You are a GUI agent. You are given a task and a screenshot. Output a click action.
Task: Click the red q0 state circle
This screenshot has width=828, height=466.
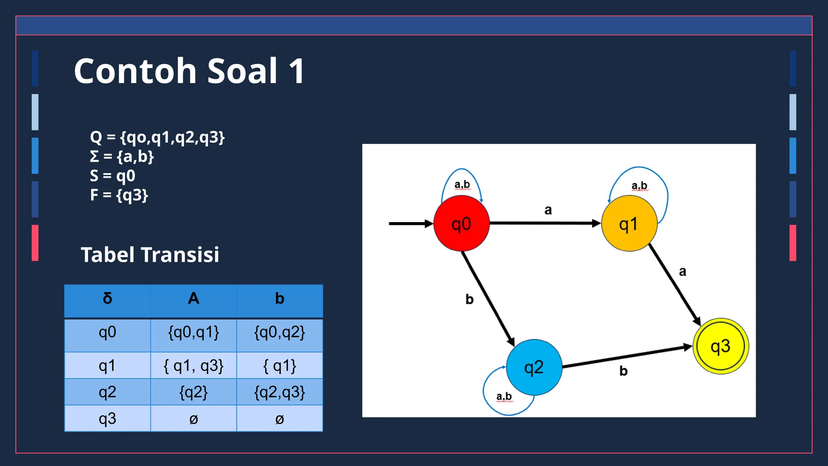[x=461, y=223]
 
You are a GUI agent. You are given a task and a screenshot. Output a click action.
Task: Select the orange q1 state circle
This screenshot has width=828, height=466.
[x=629, y=223]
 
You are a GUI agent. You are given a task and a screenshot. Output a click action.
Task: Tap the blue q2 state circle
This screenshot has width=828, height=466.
[x=534, y=367]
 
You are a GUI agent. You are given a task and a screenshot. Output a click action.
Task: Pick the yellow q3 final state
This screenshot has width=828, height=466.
[x=720, y=346]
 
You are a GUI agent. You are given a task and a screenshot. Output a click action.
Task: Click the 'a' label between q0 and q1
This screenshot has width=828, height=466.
[x=548, y=210]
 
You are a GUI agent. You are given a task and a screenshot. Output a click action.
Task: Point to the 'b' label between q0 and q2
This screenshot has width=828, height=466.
[x=469, y=299]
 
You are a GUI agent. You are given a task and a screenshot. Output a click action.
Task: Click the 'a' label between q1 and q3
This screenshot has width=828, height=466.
[x=682, y=271]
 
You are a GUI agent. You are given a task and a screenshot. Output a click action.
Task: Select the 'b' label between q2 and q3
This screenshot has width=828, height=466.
[x=623, y=371]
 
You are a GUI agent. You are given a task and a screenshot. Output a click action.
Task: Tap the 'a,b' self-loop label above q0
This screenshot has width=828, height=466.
[x=462, y=184]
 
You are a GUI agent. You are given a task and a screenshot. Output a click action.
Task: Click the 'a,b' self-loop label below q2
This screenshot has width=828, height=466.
[x=504, y=396]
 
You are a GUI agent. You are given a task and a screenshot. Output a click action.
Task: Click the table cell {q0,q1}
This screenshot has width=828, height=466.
[x=193, y=333]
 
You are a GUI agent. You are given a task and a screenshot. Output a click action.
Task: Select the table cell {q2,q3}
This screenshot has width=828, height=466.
[x=279, y=392]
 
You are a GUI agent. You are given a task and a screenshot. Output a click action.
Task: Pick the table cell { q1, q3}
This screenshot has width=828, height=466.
[x=193, y=366]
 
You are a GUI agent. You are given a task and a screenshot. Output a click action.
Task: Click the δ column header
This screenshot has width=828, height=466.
[x=107, y=299]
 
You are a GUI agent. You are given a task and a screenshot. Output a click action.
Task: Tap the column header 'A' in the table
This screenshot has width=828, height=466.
[x=193, y=299]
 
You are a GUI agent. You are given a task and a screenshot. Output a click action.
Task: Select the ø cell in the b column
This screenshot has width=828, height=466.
[x=279, y=419]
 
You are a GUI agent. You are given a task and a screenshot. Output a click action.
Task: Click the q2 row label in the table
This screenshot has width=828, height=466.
[x=107, y=392]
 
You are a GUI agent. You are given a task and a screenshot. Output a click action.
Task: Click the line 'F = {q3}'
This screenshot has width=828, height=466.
[x=119, y=195]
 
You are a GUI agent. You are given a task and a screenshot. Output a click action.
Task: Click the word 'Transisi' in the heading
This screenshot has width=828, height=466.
[x=180, y=255]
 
